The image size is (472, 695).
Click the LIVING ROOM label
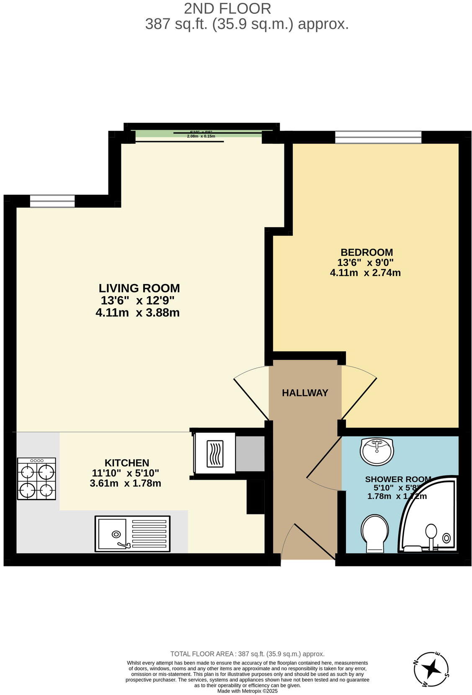coord(139,288)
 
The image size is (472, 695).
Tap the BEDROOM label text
coord(366,252)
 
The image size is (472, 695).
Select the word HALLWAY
coord(304,393)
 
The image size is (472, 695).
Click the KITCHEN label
coord(126,463)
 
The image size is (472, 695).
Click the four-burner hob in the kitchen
coord(36,478)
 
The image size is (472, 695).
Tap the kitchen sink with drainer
coord(132,533)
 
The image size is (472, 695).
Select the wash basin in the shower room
coord(377,451)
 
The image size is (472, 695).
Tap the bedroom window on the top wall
coord(378,137)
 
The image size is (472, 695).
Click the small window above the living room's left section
coord(52,201)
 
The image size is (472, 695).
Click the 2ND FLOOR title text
coord(227,8)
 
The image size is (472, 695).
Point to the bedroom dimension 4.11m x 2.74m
coord(365,273)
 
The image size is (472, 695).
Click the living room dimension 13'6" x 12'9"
coord(137,300)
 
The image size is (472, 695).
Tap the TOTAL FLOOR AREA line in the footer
coord(247,654)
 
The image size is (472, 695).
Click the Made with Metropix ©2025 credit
coord(247,691)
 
